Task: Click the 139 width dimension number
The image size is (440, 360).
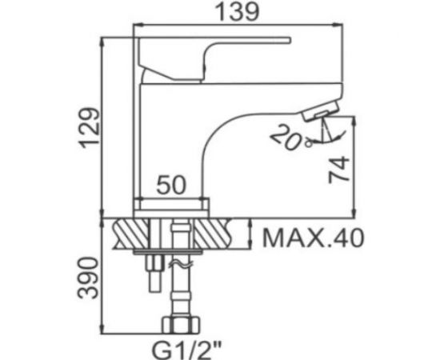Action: (x=237, y=13)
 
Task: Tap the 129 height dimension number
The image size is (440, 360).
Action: (x=90, y=128)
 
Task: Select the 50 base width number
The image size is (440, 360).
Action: (x=171, y=185)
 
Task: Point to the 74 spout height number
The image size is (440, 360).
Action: (x=339, y=170)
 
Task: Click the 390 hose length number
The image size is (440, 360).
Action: (x=88, y=278)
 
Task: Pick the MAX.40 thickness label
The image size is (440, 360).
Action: (x=313, y=238)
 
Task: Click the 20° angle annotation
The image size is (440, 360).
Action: (x=291, y=138)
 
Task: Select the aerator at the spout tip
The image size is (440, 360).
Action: (x=320, y=112)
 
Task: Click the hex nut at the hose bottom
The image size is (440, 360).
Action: (x=181, y=325)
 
